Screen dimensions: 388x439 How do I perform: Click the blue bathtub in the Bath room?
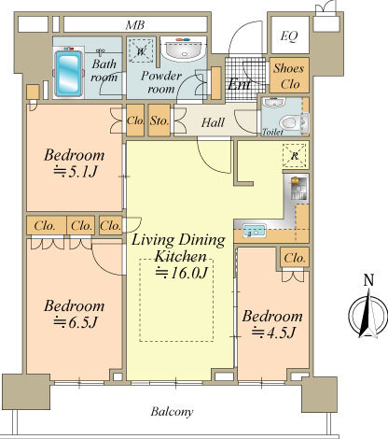[x=68, y=74]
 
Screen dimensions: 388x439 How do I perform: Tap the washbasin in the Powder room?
[x=184, y=50]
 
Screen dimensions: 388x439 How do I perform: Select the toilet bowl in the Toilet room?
[x=290, y=122]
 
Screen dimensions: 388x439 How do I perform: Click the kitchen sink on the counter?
[x=255, y=231]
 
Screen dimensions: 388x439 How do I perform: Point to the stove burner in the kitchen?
[x=294, y=180]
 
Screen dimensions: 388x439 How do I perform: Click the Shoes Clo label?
[x=289, y=76]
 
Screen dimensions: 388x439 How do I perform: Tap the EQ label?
[x=289, y=36]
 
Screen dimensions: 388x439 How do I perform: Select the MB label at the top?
[x=135, y=25]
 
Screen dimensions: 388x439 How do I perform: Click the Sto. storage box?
[x=159, y=120]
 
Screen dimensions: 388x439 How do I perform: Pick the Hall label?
[x=213, y=122]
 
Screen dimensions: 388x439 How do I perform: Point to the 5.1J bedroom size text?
[x=76, y=172]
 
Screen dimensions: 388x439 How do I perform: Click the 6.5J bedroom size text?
[x=76, y=322]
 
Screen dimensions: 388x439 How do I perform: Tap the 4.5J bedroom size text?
[x=273, y=333]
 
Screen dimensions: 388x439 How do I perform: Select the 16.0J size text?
[x=182, y=273]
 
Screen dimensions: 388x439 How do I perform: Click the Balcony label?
[x=172, y=412]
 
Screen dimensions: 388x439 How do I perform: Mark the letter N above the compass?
[x=368, y=280]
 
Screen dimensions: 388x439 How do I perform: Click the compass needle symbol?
[x=368, y=315]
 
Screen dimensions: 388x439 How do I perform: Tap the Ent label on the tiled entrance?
[x=239, y=83]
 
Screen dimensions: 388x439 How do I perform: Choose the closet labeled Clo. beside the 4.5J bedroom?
[x=295, y=258]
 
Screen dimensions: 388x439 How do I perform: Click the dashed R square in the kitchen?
[x=295, y=156]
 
